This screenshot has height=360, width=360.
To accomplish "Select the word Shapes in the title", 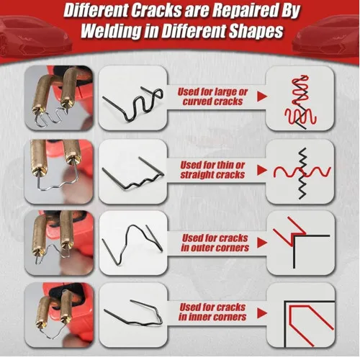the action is pyautogui.click(x=256, y=31).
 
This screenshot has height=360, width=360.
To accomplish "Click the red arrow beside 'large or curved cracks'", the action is pyautogui.click(x=262, y=96).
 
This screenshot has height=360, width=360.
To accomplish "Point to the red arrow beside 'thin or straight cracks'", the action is pyautogui.click(x=262, y=170).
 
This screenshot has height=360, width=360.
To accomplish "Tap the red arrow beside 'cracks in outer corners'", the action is pyautogui.click(x=262, y=243).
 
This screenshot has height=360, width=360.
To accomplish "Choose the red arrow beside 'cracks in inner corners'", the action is pyautogui.click(x=262, y=313).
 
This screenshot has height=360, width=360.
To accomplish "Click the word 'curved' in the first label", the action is pyautogui.click(x=197, y=102).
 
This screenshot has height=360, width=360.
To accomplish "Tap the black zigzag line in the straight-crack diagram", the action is pyautogui.click(x=303, y=174).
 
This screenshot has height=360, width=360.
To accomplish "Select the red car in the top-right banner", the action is pyautogui.click(x=326, y=36).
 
